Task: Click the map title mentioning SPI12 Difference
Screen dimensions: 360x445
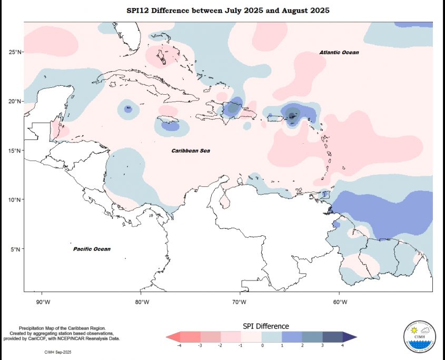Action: coord(228,11)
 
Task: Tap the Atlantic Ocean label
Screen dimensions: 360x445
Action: coord(339,53)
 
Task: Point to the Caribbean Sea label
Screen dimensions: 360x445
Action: coord(191,151)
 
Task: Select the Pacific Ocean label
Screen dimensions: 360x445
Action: coord(92,249)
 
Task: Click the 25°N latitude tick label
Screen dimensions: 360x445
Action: coord(15,52)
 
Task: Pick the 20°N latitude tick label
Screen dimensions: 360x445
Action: coord(15,101)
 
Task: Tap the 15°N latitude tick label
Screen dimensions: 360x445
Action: coord(15,151)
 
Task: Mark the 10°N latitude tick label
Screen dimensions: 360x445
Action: coord(15,200)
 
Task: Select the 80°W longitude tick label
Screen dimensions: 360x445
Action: coord(142,302)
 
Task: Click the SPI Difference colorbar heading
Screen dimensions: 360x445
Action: coord(265,326)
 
